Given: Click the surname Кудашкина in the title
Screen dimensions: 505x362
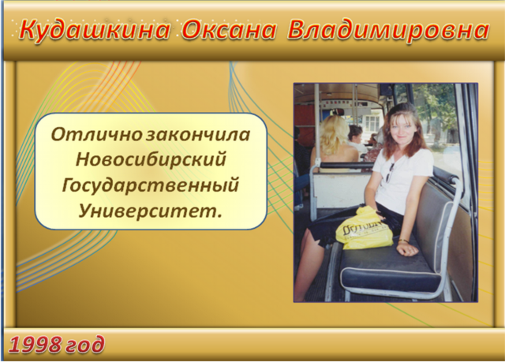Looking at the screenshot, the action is pos(95,31).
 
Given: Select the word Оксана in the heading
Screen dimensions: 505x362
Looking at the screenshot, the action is pos(229,31).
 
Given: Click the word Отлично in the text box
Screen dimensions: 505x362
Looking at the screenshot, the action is pos(96,135).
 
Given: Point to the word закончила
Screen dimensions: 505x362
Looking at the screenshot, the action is pos(198,135).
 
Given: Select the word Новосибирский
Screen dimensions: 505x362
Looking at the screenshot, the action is pos(151,160).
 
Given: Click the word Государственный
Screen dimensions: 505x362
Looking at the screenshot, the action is pos(151,185).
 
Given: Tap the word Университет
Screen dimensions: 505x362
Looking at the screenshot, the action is pos(150,211).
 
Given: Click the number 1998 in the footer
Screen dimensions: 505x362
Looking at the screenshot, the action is pos(35,345).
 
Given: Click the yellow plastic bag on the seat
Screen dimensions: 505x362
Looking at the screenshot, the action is pos(364,229).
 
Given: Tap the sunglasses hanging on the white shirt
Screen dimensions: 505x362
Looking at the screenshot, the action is pos(390,174).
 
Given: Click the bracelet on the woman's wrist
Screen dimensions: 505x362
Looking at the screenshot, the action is pos(403,241).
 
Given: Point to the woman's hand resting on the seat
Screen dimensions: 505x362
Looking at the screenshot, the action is pos(407,249).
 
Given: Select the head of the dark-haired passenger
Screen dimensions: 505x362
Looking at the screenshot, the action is pos(355,133).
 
